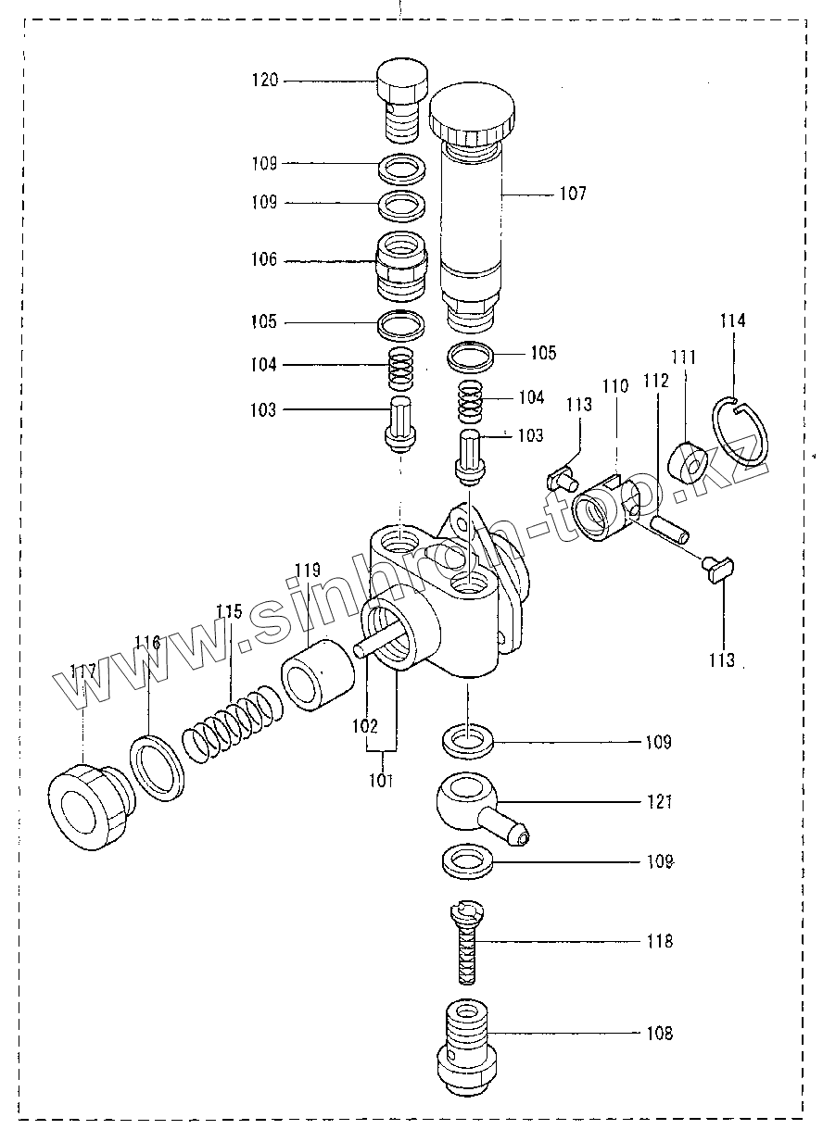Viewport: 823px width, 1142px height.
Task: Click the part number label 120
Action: pos(264,81)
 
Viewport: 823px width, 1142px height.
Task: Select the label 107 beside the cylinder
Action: pos(572,195)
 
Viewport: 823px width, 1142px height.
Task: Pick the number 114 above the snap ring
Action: pos(732,321)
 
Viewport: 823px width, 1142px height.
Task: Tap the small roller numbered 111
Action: pos(690,461)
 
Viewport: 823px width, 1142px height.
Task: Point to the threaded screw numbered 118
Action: pos(468,945)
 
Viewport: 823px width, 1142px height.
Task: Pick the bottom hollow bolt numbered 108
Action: pos(467,1049)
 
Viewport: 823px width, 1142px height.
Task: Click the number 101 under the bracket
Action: pos(382,781)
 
